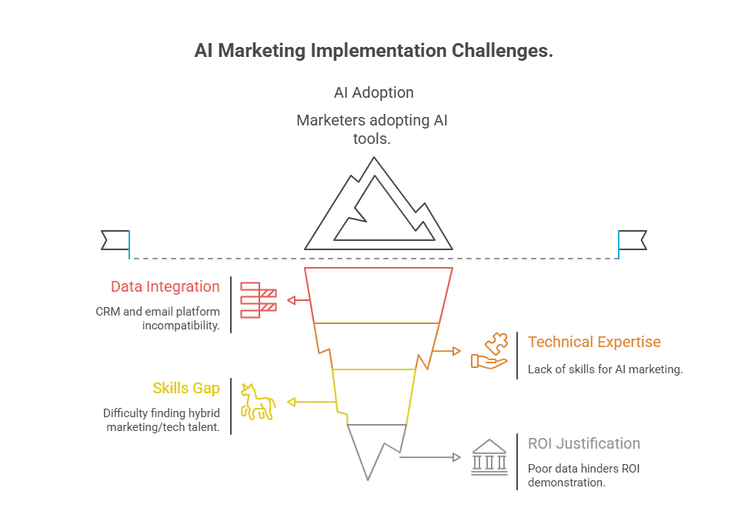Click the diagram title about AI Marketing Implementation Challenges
click(373, 52)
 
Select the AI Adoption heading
click(373, 92)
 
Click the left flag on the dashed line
click(115, 239)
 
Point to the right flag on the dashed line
click(633, 239)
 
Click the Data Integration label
click(165, 287)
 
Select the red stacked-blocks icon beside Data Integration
click(258, 299)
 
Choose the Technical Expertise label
click(594, 343)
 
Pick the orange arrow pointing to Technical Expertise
click(447, 351)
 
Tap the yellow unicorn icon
click(258, 401)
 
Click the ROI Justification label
click(583, 444)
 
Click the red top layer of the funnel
click(378, 295)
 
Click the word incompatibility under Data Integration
click(181, 326)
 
